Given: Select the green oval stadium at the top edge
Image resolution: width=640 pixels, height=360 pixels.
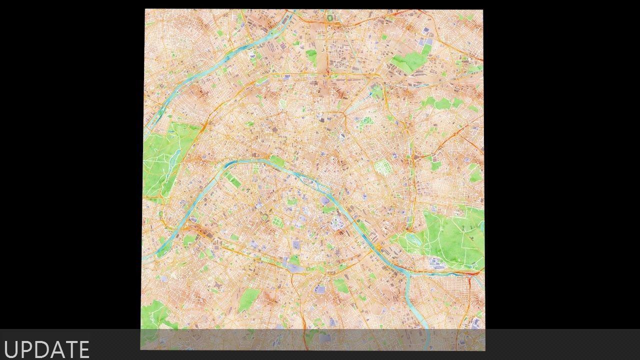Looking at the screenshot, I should click(x=330, y=18).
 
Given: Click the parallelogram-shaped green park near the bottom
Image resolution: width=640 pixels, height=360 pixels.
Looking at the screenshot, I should click(x=248, y=299).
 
